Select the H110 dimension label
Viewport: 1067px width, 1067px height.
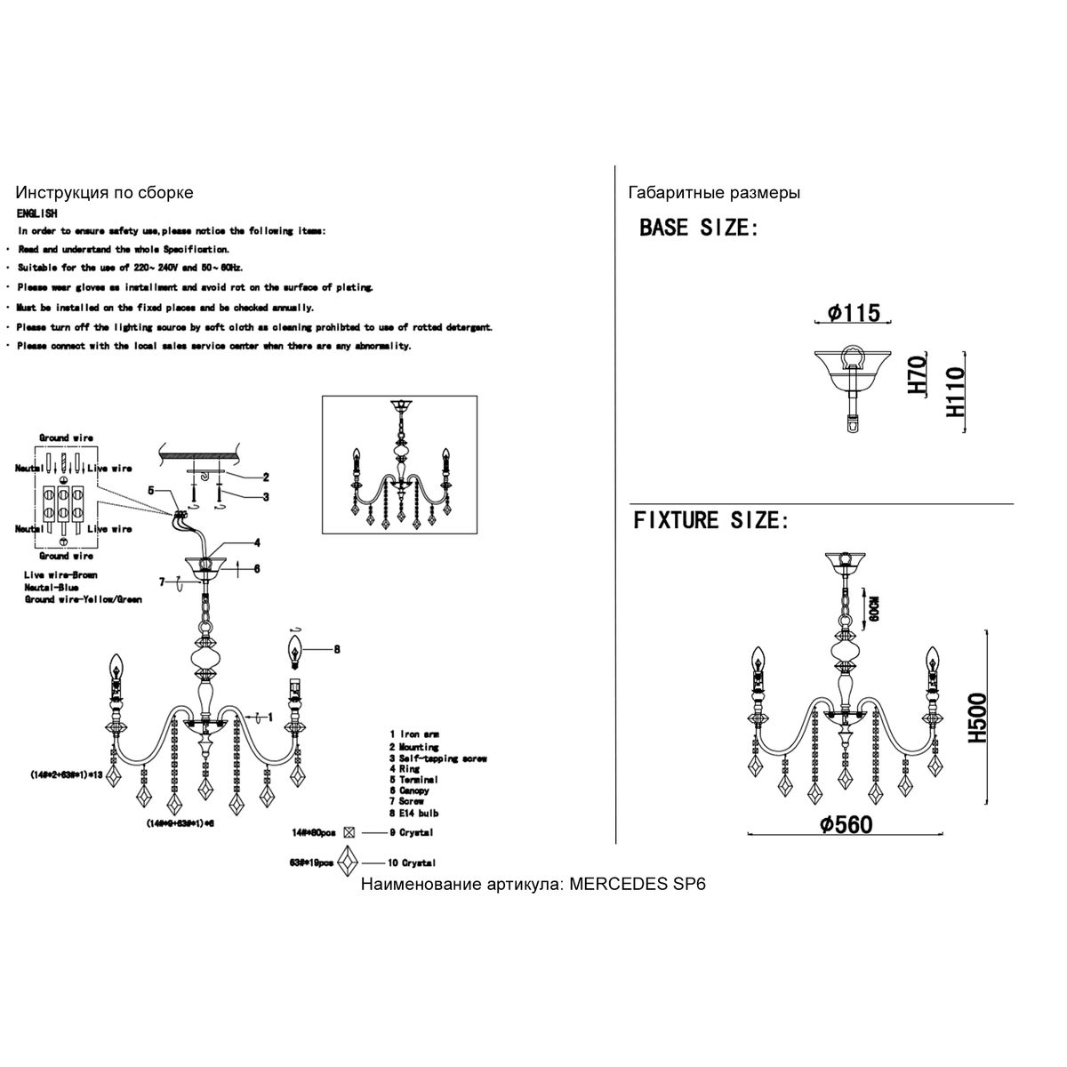[956, 395]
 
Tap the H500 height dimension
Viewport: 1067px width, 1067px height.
[977, 718]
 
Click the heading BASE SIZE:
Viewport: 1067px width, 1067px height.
[699, 228]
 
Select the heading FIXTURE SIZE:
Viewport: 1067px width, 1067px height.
[710, 520]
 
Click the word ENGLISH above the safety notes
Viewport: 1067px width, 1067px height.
[36, 214]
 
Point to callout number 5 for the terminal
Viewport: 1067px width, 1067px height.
[151, 490]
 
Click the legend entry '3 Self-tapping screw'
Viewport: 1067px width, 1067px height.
[437, 758]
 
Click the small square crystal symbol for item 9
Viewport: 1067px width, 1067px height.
[349, 833]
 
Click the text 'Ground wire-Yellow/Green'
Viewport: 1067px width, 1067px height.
[83, 599]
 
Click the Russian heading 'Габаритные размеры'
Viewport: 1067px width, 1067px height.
[713, 193]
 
